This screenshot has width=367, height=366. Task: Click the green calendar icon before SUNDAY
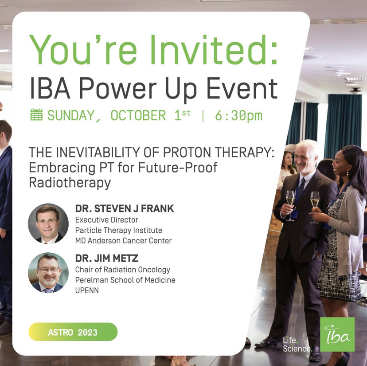coord(36,115)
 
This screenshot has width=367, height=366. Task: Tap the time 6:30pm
coord(238,115)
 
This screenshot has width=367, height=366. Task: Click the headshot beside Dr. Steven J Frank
coord(48,224)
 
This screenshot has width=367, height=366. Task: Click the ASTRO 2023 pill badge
coord(73,332)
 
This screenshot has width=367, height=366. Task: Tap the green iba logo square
coord(337,334)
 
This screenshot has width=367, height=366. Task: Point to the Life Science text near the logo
coord(297,344)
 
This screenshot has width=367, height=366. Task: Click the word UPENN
coord(87,290)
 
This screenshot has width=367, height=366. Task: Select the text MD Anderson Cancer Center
coord(123,240)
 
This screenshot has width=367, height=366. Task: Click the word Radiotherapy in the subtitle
coord(70,183)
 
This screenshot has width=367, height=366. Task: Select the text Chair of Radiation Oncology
coord(122,270)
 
